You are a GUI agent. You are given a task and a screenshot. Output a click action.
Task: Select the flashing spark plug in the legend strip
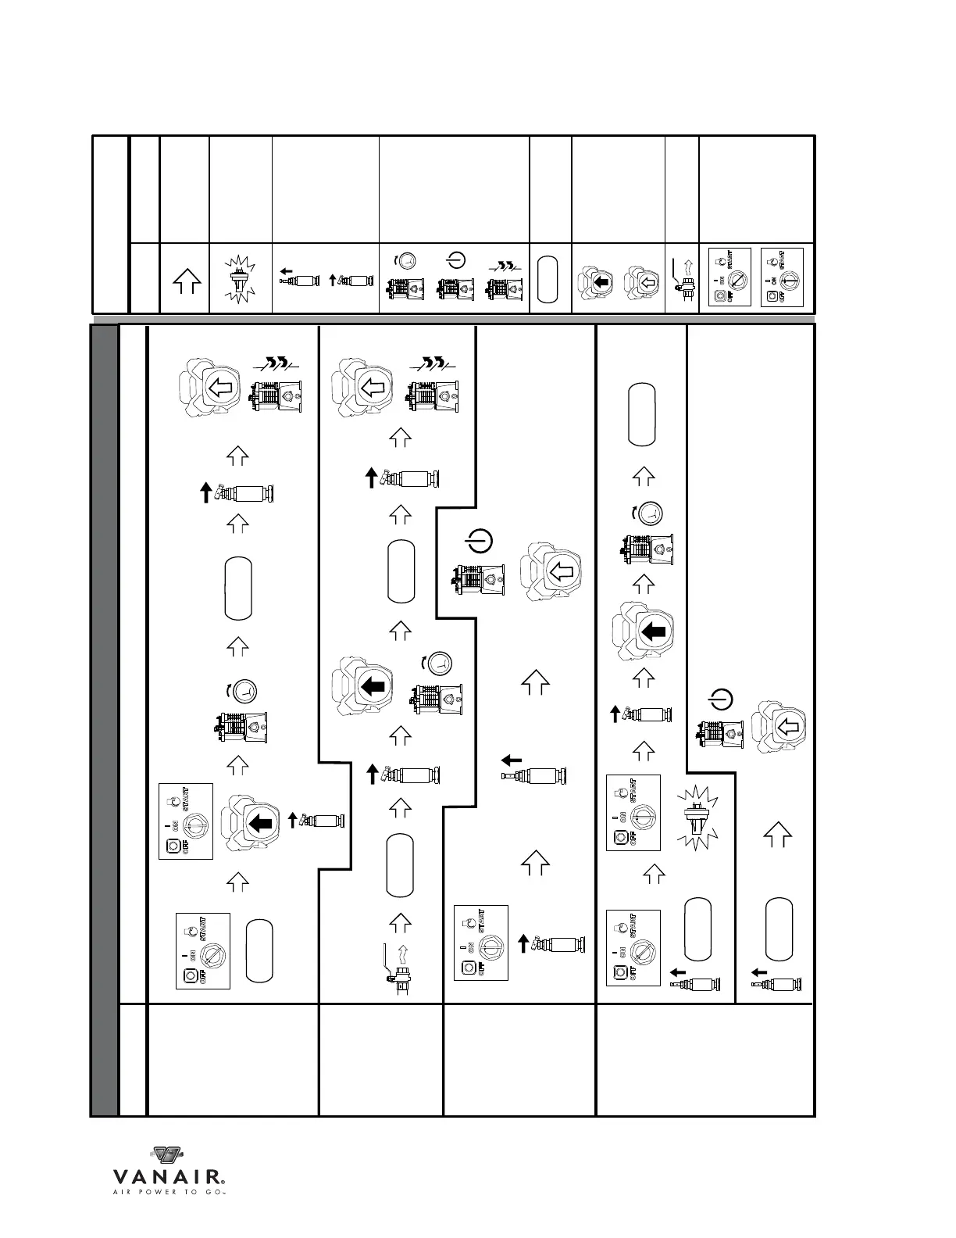coord(241,279)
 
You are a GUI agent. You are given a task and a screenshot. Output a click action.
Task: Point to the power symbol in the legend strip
coord(455,259)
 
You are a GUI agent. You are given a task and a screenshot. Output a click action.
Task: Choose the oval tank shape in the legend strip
coord(550,279)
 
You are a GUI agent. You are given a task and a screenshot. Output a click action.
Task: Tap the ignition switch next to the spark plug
coord(633,813)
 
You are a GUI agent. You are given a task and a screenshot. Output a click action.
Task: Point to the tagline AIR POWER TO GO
coord(169,1193)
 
